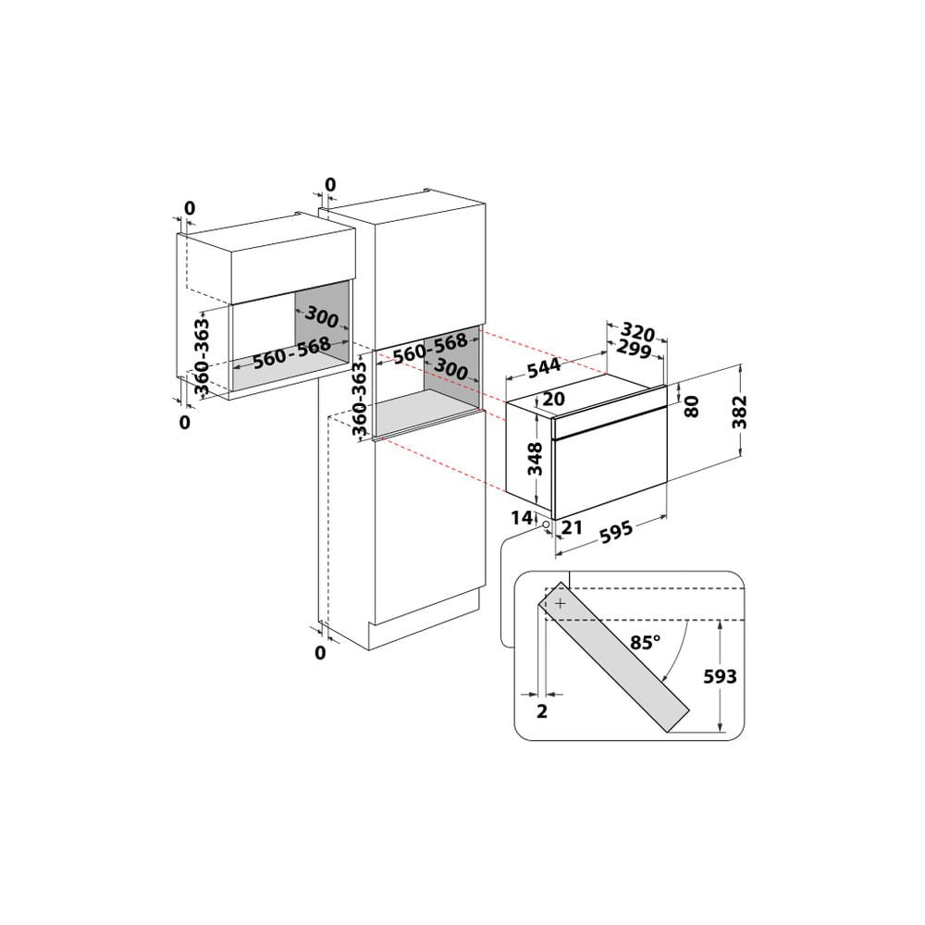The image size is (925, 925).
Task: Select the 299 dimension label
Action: click(634, 350)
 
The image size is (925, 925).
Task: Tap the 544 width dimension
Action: click(544, 366)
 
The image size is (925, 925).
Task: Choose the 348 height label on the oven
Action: click(534, 458)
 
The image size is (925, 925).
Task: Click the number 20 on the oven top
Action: click(553, 400)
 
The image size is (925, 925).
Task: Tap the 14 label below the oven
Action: click(519, 517)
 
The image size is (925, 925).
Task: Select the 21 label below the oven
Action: click(572, 527)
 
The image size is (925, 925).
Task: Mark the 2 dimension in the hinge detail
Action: click(542, 710)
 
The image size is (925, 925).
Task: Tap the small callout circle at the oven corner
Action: click(547, 524)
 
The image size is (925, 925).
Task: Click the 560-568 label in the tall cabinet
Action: click(430, 349)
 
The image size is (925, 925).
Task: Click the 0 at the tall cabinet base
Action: click(320, 653)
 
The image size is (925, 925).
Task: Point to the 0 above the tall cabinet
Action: click(330, 184)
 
